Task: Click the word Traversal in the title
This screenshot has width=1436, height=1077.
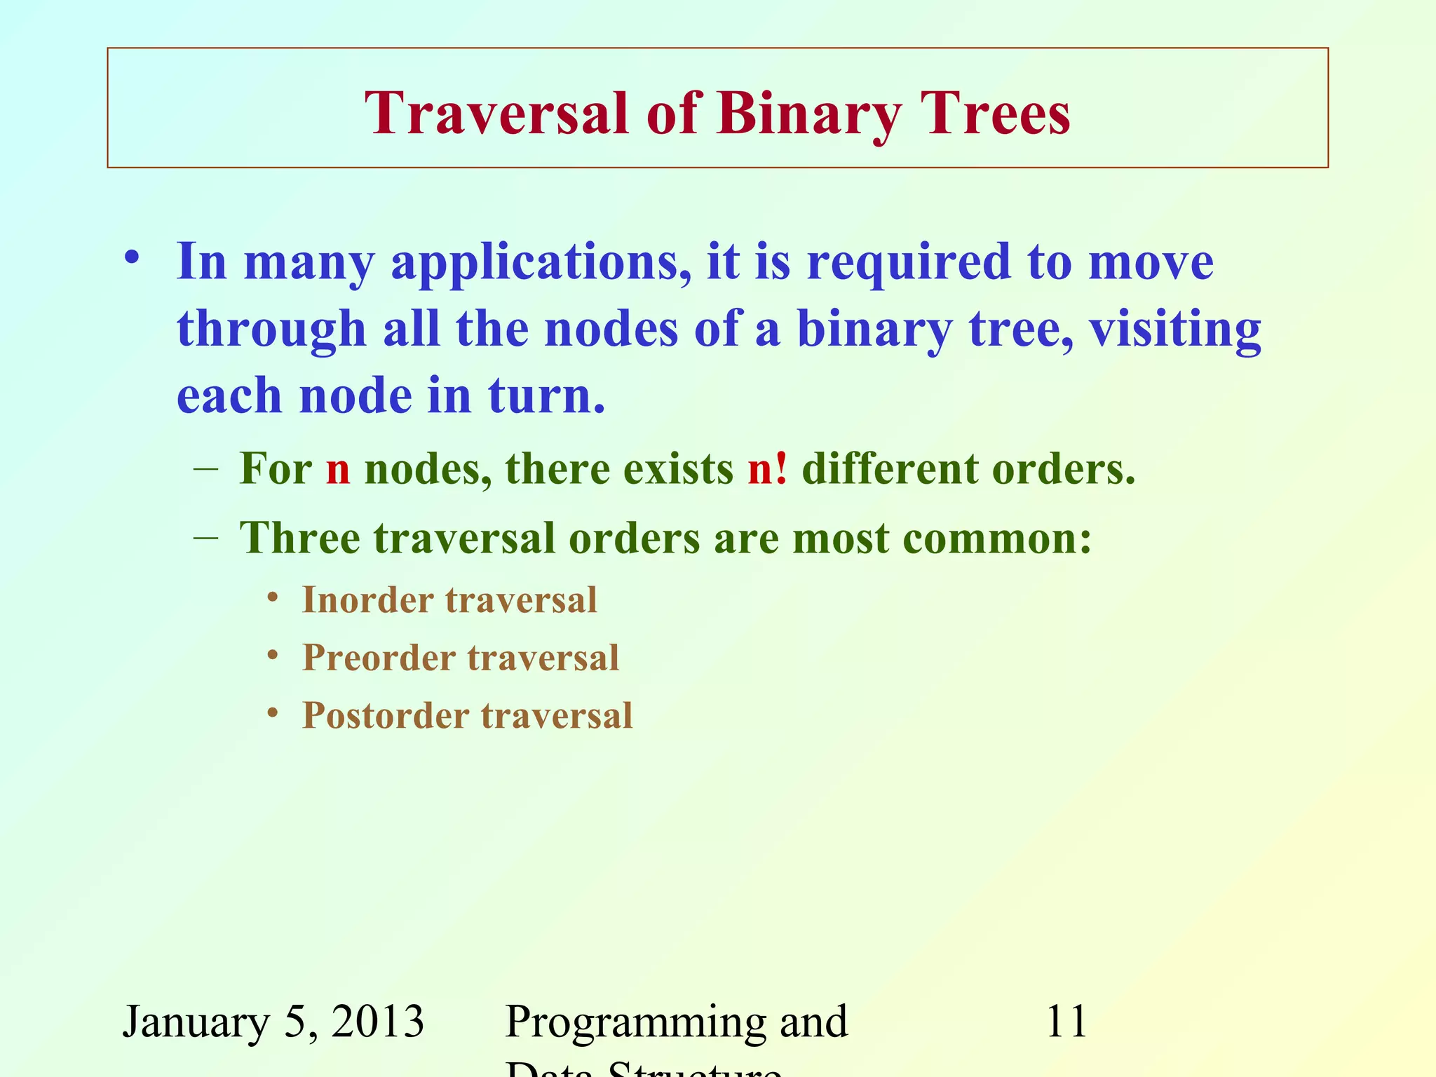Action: (496, 114)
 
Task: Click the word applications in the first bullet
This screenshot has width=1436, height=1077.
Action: (540, 262)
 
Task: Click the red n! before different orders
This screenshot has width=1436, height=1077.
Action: (767, 468)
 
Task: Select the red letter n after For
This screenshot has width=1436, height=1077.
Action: (338, 470)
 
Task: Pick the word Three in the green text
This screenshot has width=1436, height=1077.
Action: (300, 538)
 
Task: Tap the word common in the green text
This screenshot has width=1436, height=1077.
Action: (996, 538)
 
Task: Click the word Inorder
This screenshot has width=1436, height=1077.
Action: (367, 600)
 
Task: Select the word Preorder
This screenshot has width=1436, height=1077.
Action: (379, 658)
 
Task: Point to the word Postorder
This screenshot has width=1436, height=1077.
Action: (385, 716)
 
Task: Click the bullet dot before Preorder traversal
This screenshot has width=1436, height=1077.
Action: (273, 656)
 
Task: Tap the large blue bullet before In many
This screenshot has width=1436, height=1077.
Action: (132, 258)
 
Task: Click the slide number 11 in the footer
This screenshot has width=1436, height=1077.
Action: (1066, 1021)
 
